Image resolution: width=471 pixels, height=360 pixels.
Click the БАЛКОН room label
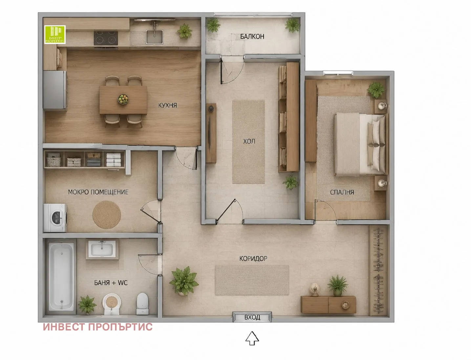[x=252, y=36]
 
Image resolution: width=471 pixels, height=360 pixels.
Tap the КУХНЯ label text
[x=167, y=105]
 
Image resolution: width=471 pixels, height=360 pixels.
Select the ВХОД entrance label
[x=252, y=317]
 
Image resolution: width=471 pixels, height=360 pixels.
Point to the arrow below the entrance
[x=252, y=338]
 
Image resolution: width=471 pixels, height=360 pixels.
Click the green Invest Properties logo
[x=55, y=34]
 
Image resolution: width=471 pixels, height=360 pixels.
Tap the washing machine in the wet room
[x=55, y=218]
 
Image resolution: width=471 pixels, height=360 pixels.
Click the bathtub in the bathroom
[x=61, y=277]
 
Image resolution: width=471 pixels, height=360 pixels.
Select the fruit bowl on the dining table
[x=123, y=99]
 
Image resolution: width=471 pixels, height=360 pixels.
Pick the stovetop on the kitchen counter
[x=106, y=38]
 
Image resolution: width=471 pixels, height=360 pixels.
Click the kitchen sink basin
[x=154, y=37]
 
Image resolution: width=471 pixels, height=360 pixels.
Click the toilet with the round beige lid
[x=111, y=304]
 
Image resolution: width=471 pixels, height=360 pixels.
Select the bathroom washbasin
[x=102, y=249]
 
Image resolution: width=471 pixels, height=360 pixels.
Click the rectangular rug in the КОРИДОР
[x=252, y=280]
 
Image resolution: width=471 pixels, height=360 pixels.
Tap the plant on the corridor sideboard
[x=337, y=285]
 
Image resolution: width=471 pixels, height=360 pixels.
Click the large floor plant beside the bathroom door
[x=184, y=281]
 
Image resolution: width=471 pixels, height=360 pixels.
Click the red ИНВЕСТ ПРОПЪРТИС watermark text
[x=97, y=327]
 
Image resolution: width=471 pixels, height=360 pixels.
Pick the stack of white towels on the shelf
[x=114, y=160]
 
